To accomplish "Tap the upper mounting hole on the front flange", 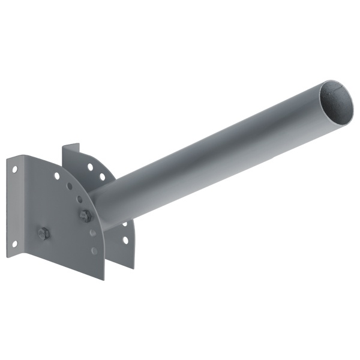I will (x=14, y=170).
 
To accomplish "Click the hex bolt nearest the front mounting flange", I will (x=43, y=233).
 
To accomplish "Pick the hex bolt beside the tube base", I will (x=85, y=215).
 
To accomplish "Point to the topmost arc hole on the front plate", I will (x=57, y=176).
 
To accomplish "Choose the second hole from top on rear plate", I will (x=103, y=176).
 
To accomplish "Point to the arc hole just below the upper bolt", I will (x=92, y=232).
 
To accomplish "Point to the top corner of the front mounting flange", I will (x=8, y=158).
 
